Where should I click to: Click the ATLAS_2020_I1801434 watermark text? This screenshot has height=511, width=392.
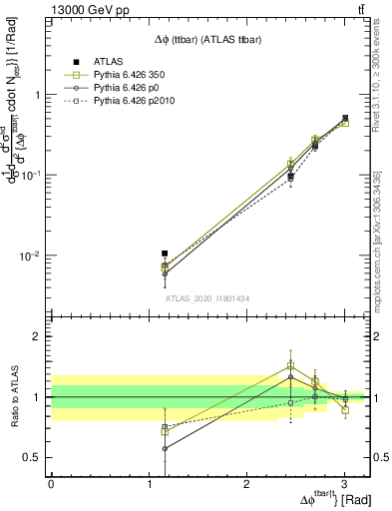pos(206,297)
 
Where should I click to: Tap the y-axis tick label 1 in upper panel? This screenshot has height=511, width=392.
pos(39,95)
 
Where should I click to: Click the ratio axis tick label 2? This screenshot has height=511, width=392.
pos(39,337)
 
